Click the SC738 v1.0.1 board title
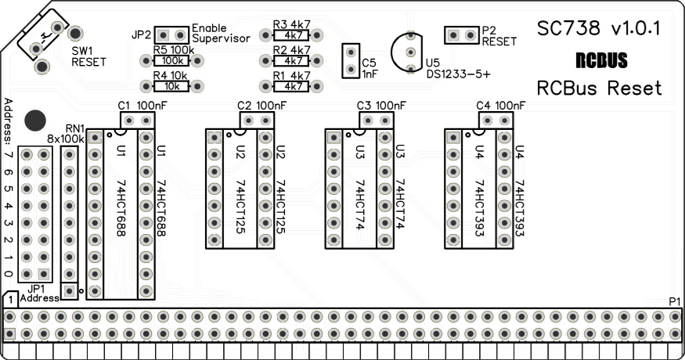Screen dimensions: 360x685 [x=599, y=29]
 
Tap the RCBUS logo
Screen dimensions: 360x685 [x=600, y=60]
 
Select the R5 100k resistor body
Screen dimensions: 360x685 [x=175, y=60]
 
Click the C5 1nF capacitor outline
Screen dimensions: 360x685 [x=350, y=62]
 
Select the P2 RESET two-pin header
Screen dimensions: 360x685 [x=462, y=35]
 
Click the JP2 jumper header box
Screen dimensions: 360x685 [x=172, y=35]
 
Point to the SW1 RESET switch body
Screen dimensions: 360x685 [x=45, y=35]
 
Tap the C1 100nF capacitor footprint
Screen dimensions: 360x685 [x=138, y=120]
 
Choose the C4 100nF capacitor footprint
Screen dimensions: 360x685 [x=496, y=120]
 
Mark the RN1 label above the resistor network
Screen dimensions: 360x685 [x=75, y=128]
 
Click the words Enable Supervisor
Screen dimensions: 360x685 [x=220, y=33]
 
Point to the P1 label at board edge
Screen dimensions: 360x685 [x=675, y=302]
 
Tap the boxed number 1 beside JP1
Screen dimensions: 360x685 [x=10, y=301]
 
